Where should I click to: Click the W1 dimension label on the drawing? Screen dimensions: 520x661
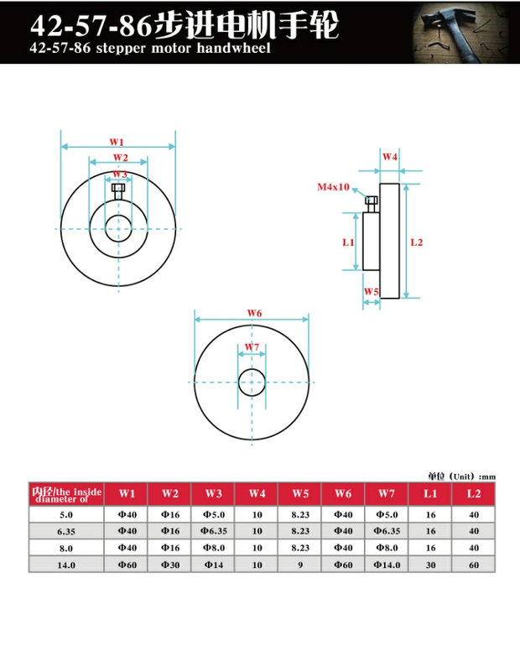pos(117,142)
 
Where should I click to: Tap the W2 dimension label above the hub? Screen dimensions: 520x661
pos(120,158)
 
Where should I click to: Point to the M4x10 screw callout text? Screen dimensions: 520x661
pos(333,187)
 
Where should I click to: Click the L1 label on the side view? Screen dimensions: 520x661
pos(348,242)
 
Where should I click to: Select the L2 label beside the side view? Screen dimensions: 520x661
pos(416,242)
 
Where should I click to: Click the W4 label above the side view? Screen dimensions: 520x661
pos(390,157)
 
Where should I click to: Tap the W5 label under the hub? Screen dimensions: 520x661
pos(372,291)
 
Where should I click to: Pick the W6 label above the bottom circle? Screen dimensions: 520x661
pos(254,313)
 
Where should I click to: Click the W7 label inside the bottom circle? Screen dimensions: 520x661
pos(252,347)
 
